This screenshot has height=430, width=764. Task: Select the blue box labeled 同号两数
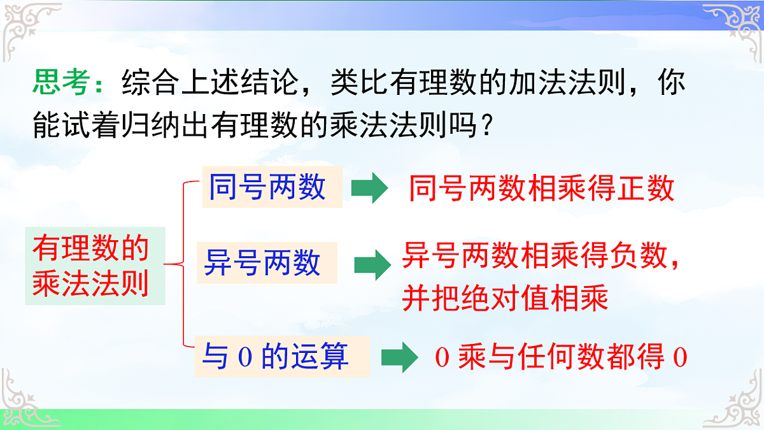tap(272, 188)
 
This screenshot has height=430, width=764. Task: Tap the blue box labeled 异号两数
tap(266, 262)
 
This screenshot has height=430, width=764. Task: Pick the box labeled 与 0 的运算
tap(281, 356)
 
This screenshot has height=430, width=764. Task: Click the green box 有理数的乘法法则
tap(94, 266)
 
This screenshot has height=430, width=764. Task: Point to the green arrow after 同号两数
tap(370, 189)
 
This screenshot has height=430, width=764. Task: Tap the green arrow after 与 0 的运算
tap(398, 357)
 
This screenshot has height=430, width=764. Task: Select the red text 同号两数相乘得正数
tap(541, 189)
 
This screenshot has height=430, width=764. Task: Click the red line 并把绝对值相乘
tap(505, 298)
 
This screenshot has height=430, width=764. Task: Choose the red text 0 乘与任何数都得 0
tap(561, 357)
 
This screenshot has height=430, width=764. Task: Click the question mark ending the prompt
tap(486, 128)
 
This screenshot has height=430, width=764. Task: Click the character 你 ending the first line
tap(670, 83)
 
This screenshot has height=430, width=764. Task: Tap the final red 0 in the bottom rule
tap(680, 357)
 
